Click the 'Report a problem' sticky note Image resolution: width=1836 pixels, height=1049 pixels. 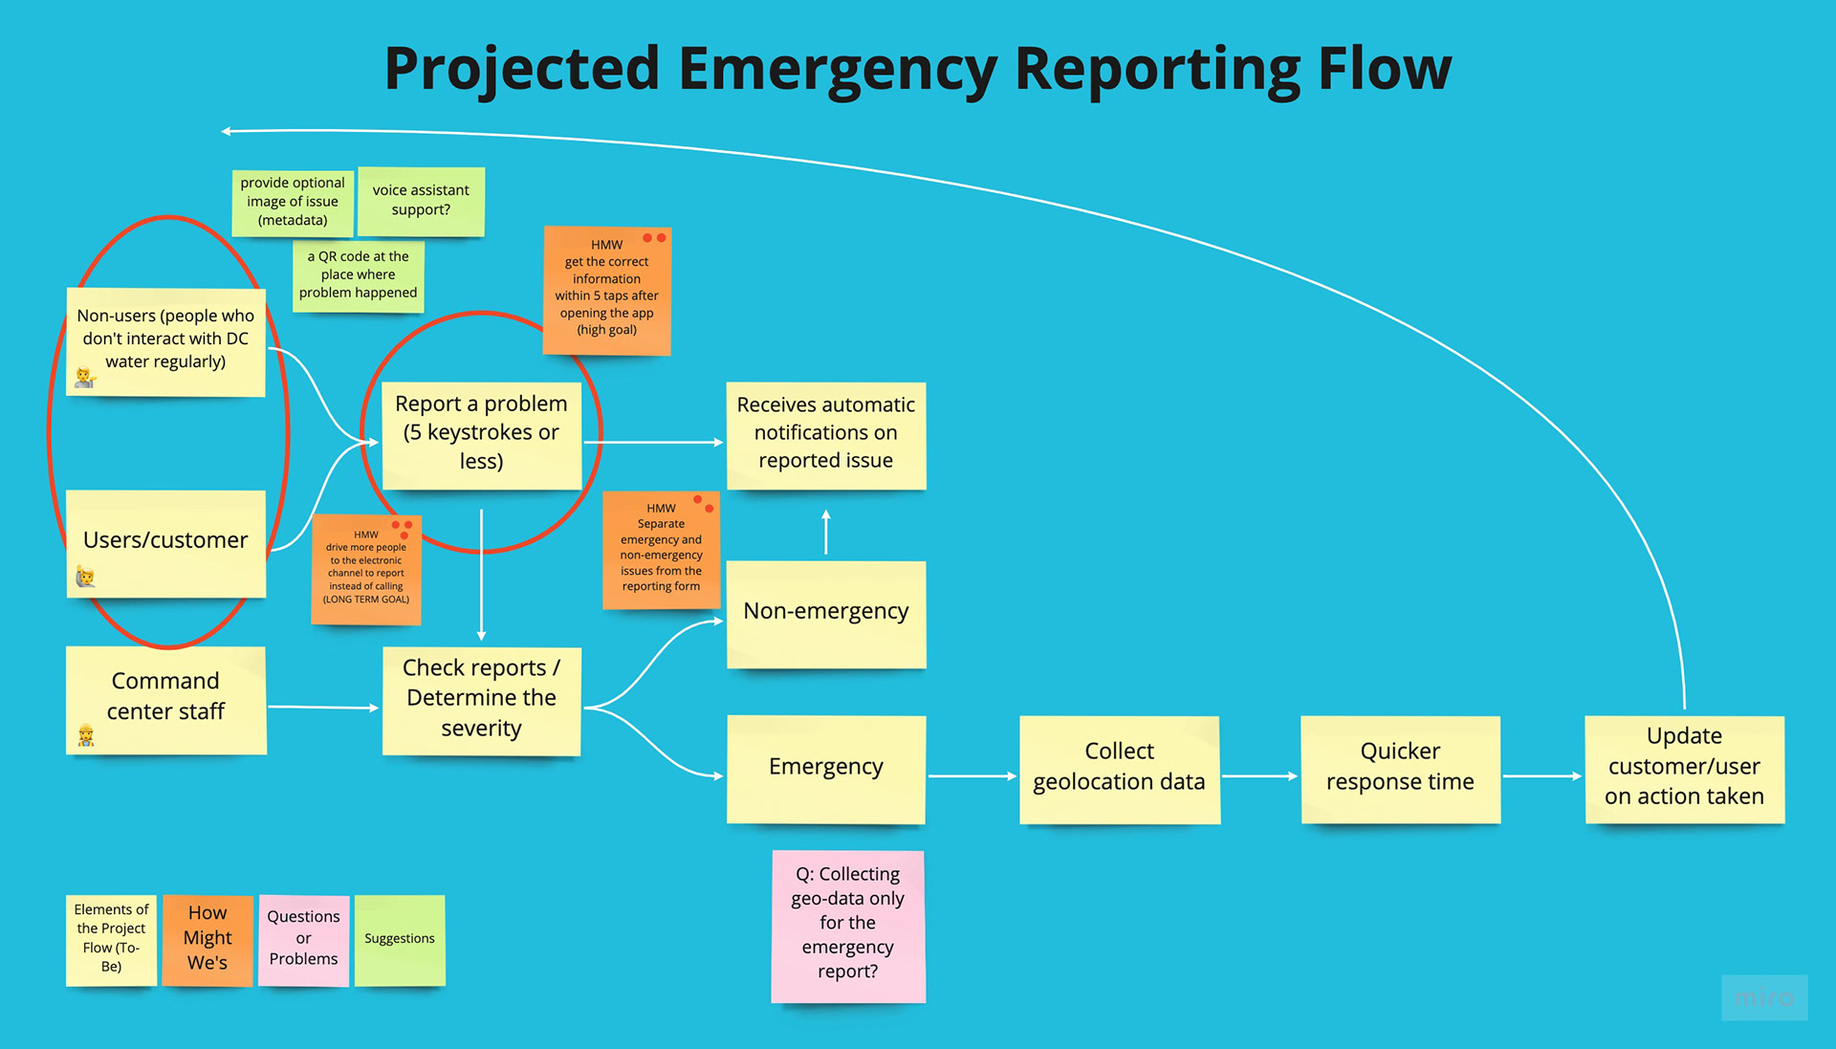(x=481, y=436)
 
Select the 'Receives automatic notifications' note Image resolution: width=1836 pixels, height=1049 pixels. (x=826, y=436)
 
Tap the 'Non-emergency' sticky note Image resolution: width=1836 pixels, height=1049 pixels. (x=826, y=614)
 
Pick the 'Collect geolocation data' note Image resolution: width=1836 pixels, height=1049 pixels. (x=1120, y=770)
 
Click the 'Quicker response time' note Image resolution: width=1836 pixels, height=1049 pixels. (x=1401, y=770)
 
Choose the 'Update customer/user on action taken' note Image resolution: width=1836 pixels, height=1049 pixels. (x=1685, y=770)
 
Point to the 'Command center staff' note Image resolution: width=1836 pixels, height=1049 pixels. (x=166, y=701)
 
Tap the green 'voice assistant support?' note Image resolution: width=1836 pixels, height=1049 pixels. (x=421, y=202)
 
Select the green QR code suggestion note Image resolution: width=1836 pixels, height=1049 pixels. (x=359, y=275)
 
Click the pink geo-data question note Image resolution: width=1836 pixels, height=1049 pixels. (x=848, y=927)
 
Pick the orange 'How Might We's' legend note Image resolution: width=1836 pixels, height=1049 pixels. (x=208, y=940)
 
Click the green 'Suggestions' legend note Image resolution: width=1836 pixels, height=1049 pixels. (x=400, y=940)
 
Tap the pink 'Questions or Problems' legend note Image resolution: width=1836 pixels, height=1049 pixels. (x=303, y=940)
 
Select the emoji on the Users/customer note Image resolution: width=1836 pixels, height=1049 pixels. (x=85, y=576)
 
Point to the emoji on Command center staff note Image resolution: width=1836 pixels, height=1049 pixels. (x=86, y=734)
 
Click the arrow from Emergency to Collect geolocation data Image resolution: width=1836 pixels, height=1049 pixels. (x=973, y=776)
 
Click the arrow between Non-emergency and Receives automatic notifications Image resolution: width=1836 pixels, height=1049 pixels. (x=826, y=532)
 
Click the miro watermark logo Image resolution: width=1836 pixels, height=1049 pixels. (x=1764, y=997)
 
